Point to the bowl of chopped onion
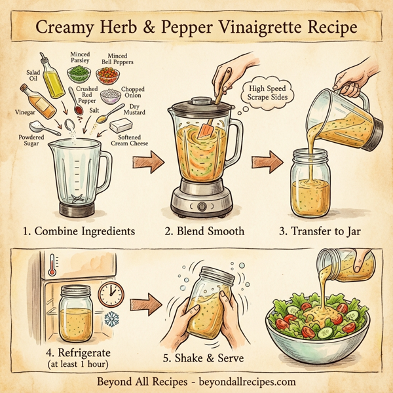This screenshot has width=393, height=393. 111,96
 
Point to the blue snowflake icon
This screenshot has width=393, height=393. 111,320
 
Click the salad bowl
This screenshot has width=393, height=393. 316,324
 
